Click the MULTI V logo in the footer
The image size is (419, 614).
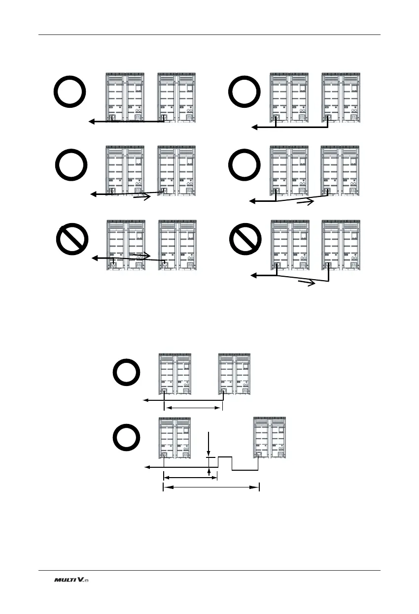[71, 581]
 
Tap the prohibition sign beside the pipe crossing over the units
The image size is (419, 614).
[70, 240]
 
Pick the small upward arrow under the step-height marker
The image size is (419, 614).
[210, 472]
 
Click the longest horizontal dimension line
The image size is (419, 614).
[211, 487]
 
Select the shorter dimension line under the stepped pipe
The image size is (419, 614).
[190, 477]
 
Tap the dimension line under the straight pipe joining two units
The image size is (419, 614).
[193, 408]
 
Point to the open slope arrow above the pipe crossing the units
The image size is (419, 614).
[142, 257]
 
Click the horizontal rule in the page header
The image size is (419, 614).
[209, 34]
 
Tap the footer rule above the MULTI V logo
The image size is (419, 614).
[209, 571]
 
